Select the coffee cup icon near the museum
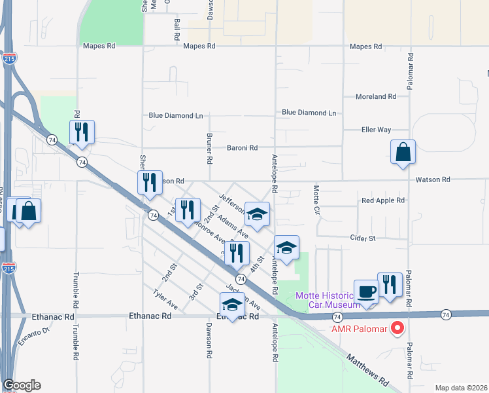tap(366, 291)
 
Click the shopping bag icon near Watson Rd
tap(403, 153)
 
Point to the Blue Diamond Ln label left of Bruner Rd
tap(175, 115)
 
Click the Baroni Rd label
tap(243, 148)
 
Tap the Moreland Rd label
tap(376, 96)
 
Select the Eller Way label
tap(376, 130)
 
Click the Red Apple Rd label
tap(383, 200)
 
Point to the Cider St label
tap(363, 238)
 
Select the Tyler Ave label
tap(165, 299)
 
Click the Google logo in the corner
tap(22, 385)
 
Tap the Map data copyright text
tap(461, 388)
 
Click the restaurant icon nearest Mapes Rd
tap(82, 132)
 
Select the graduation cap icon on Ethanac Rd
tap(232, 305)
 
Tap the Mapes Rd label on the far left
tap(99, 47)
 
